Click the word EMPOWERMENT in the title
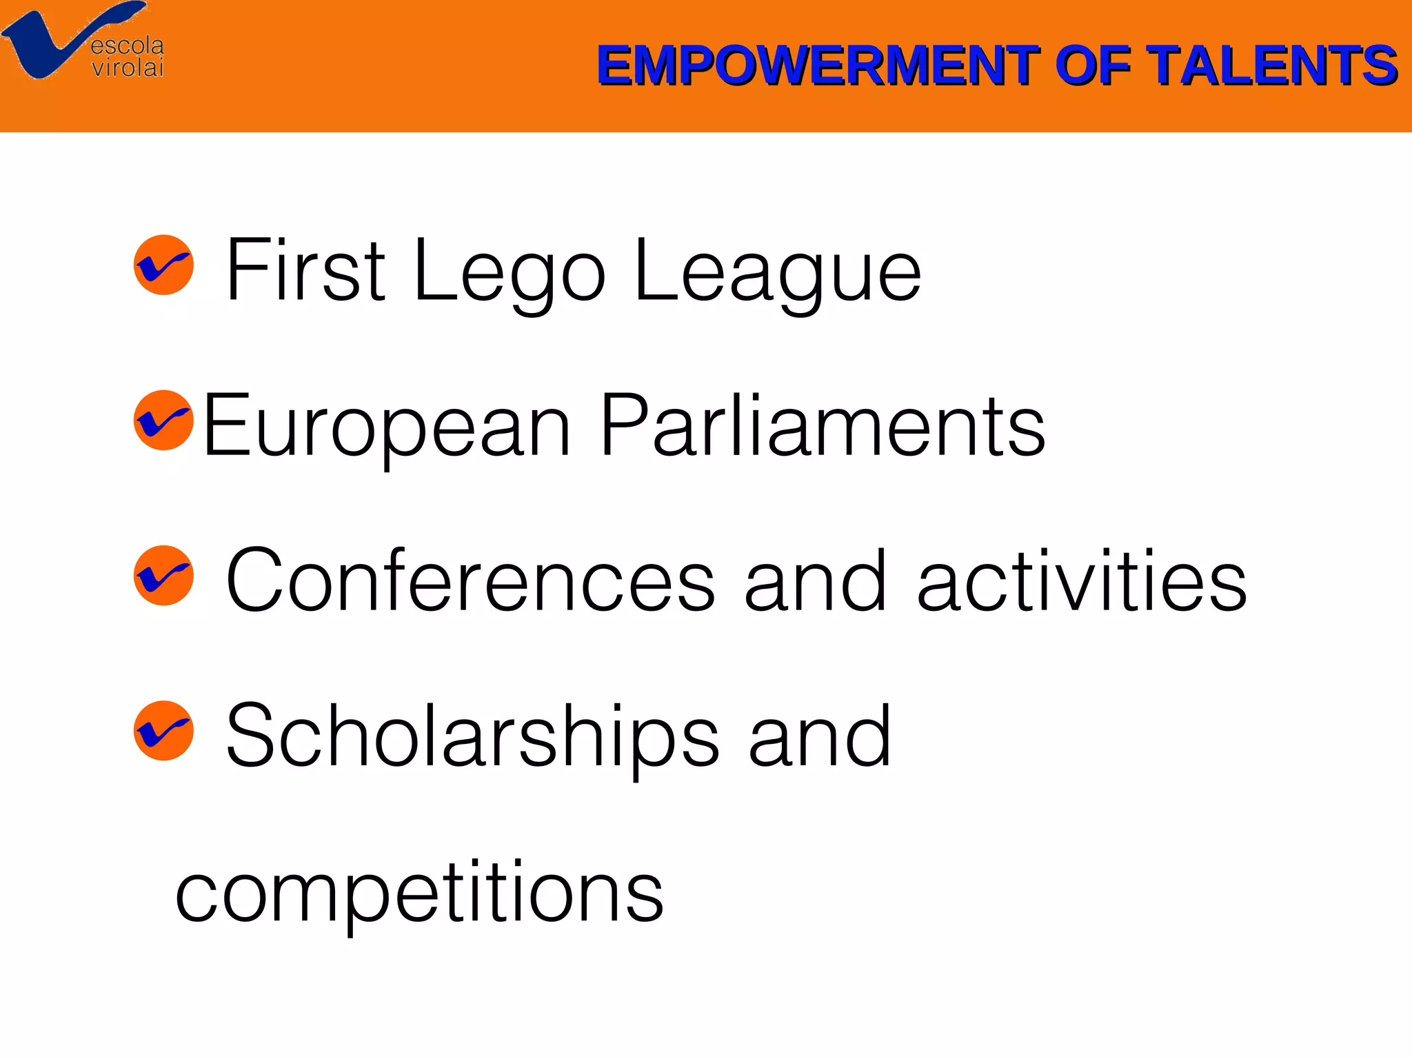pos(818,65)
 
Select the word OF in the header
pos(1093,65)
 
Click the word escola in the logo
pos(128,46)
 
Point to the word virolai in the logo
pos(128,68)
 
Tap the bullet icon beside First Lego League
pos(163,265)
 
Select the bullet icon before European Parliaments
pos(163,420)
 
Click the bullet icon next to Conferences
pos(163,575)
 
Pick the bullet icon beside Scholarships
pos(163,730)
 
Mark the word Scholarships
pos(473,736)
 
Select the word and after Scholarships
pos(820,735)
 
